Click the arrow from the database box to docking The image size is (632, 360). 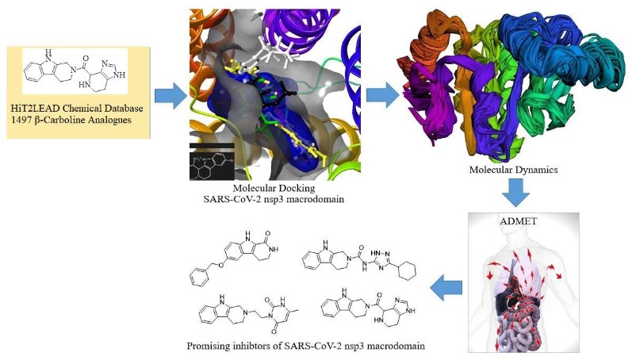168,96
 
